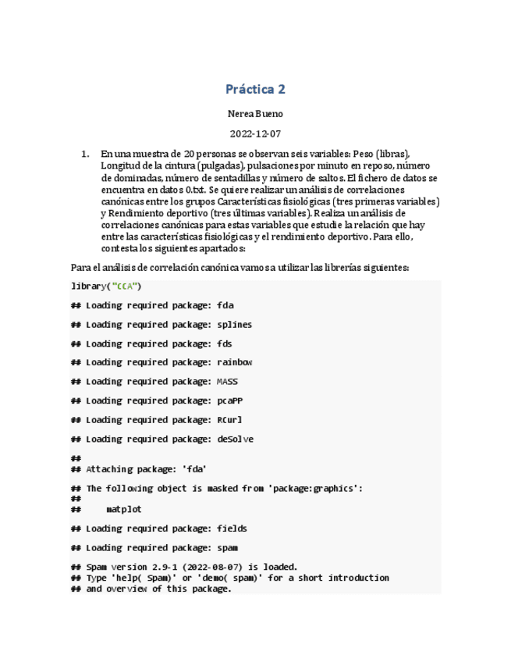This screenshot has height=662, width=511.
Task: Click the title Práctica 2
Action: (255, 89)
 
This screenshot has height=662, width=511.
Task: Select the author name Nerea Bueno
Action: (255, 114)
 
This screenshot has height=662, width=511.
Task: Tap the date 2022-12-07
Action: (255, 133)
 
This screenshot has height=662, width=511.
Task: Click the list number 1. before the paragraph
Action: (86, 154)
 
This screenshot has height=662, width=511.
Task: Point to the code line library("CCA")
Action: (106, 287)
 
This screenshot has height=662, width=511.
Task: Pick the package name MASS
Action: (227, 382)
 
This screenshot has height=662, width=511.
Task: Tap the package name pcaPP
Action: (229, 401)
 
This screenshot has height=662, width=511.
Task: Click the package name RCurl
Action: (229, 420)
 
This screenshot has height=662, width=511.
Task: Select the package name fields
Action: (232, 529)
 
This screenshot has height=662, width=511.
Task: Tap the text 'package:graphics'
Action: (313, 489)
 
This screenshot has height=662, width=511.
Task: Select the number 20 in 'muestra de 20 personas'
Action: (200, 154)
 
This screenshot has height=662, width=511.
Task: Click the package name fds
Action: (225, 343)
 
